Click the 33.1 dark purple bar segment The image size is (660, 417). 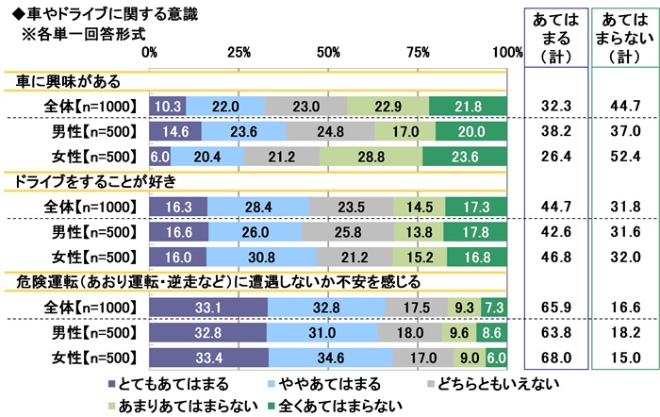click(x=208, y=308)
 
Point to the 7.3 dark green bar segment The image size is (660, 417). click(x=495, y=308)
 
